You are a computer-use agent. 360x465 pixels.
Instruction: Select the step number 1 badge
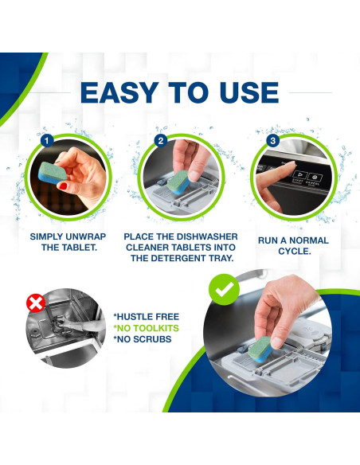[x=47, y=140]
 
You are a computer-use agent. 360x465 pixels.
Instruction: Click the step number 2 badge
[x=161, y=140]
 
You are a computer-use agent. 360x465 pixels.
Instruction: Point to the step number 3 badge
[x=273, y=140]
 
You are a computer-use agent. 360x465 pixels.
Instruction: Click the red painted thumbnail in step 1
[x=63, y=186]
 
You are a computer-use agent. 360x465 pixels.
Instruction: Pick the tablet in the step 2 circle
[x=178, y=182]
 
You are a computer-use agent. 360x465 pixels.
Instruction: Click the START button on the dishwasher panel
[x=299, y=178]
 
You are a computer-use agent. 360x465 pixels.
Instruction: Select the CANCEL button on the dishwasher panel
[x=315, y=179]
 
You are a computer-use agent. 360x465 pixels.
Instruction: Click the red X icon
[x=36, y=303]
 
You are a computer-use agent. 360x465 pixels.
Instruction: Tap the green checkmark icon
[x=224, y=290]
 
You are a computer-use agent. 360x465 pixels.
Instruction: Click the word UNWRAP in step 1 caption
[x=85, y=236]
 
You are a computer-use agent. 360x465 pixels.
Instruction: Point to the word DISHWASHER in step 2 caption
[x=207, y=236]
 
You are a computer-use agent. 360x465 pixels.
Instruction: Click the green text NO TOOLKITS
[x=147, y=328]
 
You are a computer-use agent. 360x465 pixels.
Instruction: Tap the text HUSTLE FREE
[x=147, y=317]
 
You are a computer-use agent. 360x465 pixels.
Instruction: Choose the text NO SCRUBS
[x=143, y=339]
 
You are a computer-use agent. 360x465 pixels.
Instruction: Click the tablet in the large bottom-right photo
[x=260, y=350]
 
